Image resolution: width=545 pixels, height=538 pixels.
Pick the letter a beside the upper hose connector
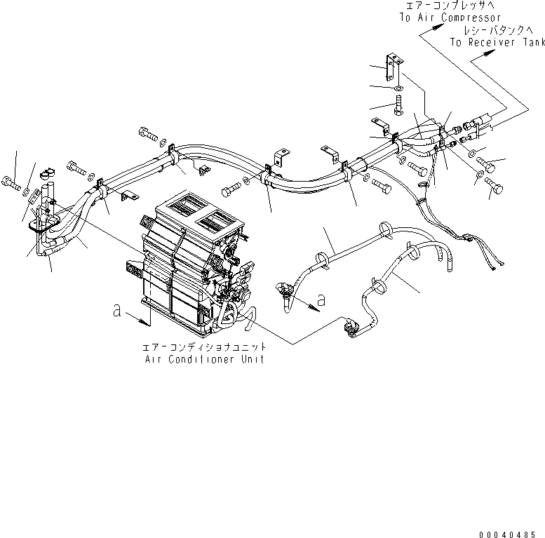pos(321,300)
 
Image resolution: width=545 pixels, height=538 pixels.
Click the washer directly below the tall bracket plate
pos(398,88)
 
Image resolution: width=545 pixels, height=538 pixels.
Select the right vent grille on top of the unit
pos(217,222)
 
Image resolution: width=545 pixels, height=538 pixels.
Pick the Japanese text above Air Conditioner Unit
pos(203,347)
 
